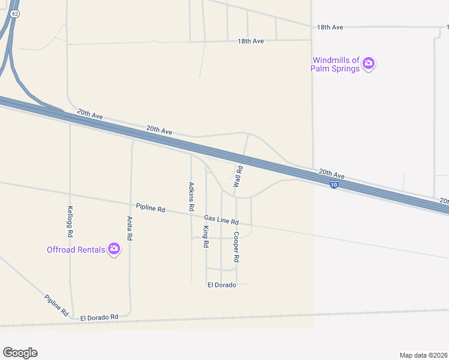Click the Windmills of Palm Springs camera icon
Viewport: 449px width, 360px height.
tap(369, 63)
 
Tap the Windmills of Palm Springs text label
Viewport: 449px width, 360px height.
tap(335, 64)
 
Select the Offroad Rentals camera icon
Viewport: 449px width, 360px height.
tap(113, 249)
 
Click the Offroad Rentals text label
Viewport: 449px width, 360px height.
tap(76, 250)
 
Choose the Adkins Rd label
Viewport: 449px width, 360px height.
tap(191, 196)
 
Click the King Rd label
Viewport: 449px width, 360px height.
tap(206, 237)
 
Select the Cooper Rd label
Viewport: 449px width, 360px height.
tap(237, 247)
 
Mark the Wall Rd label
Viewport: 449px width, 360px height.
tap(238, 178)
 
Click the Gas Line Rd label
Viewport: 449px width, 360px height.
tap(221, 220)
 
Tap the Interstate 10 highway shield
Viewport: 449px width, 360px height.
tap(334, 185)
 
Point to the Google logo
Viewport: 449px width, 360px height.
tap(20, 352)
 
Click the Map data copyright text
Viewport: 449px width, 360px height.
tap(423, 355)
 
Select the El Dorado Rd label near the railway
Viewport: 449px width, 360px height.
tap(99, 316)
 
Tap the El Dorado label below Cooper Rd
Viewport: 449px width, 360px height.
tap(221, 285)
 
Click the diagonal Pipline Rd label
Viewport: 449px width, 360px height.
tap(56, 305)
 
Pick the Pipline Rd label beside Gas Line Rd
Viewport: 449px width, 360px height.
tap(150, 209)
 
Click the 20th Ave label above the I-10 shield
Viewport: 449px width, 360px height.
tap(332, 172)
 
